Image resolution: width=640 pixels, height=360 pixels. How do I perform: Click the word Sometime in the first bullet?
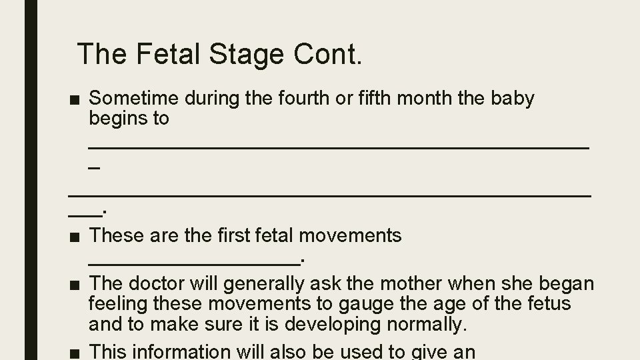(133, 99)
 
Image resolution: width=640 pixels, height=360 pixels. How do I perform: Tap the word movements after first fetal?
(351, 235)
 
